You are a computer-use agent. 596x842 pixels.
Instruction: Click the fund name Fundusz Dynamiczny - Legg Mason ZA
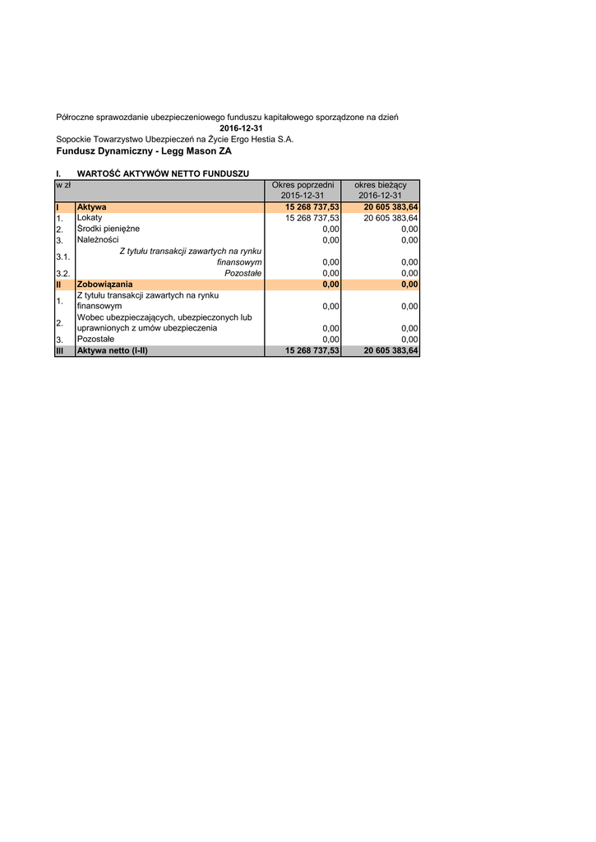pos(144,151)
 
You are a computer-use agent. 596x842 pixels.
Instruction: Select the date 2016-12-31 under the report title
pos(241,129)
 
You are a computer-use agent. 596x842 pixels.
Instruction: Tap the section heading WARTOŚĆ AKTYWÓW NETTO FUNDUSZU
pos(163,173)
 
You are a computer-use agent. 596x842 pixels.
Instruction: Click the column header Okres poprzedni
pos(303,185)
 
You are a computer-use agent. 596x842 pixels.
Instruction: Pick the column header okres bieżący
pos(380,185)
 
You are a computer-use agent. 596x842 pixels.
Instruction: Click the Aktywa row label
pos(91,207)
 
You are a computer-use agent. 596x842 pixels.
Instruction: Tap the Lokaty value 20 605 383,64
pos(390,218)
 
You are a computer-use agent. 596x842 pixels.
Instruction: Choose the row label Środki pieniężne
pos(109,229)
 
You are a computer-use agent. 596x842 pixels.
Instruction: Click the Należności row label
pos(98,240)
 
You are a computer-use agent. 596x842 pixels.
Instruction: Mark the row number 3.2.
pos(62,273)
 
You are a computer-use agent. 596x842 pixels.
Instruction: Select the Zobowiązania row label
pos(104,285)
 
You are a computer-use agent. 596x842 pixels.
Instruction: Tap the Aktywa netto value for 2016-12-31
pos(390,350)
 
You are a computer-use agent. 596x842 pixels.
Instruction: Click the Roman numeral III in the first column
pos(60,350)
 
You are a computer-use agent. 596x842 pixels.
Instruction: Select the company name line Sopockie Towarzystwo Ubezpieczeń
pos(174,140)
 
